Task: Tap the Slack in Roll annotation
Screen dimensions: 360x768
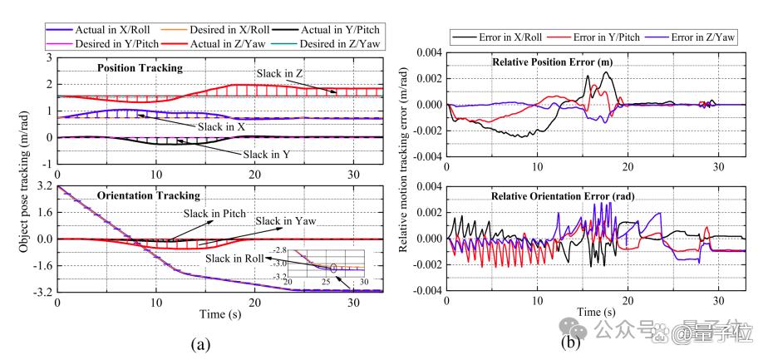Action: (x=241, y=259)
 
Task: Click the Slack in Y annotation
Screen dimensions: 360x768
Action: (x=266, y=155)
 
